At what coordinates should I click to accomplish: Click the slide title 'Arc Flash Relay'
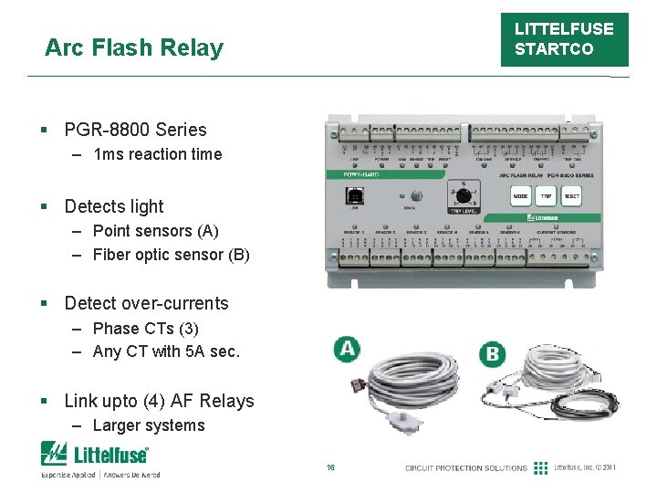(133, 47)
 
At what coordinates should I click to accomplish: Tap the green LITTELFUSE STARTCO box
(563, 39)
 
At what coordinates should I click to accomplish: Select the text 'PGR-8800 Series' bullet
(135, 130)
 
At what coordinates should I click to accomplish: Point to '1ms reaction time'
(157, 154)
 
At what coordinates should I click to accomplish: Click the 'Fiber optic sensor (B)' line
(171, 255)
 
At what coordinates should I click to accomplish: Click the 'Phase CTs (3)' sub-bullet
(145, 328)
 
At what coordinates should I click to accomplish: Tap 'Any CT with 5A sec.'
(166, 351)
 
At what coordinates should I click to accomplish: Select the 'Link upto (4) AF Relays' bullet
(159, 401)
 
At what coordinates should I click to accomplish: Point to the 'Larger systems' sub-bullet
(149, 425)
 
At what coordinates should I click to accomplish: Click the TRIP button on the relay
(546, 196)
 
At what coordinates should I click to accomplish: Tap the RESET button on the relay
(572, 196)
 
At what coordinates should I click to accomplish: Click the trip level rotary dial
(462, 195)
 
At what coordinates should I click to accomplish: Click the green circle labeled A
(346, 348)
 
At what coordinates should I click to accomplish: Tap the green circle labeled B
(493, 353)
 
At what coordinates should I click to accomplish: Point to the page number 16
(330, 467)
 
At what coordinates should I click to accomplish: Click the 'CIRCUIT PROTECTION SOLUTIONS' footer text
(466, 467)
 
